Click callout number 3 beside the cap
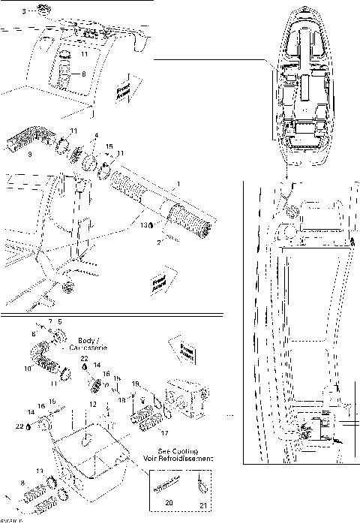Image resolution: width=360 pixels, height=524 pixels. [22, 12]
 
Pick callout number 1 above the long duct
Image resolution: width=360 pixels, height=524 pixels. [177, 183]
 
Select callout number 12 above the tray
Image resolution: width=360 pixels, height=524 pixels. [92, 405]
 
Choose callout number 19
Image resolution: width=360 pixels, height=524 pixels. [135, 384]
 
